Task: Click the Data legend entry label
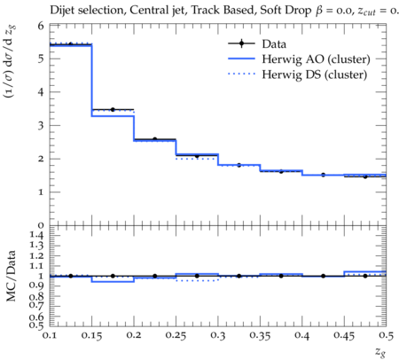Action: point(274,44)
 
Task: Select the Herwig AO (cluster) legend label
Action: point(316,59)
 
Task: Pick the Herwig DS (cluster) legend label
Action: point(315,74)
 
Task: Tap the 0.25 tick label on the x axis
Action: point(176,335)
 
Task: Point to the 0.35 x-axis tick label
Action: point(260,335)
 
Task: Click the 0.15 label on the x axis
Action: point(91,335)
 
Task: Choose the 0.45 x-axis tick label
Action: point(344,335)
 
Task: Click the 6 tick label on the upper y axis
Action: point(41,26)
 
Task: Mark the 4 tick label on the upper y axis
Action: point(41,92)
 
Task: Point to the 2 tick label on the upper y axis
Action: point(41,159)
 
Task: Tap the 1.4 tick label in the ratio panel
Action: point(36,236)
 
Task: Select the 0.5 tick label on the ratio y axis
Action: point(36,325)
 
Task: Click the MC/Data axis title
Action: point(12,276)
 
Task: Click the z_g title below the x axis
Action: point(380,352)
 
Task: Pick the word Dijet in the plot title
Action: point(62,11)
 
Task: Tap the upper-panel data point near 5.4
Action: point(70,44)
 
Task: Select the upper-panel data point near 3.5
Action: point(113,110)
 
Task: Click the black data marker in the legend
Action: point(241,43)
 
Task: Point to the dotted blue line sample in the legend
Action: point(241,74)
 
